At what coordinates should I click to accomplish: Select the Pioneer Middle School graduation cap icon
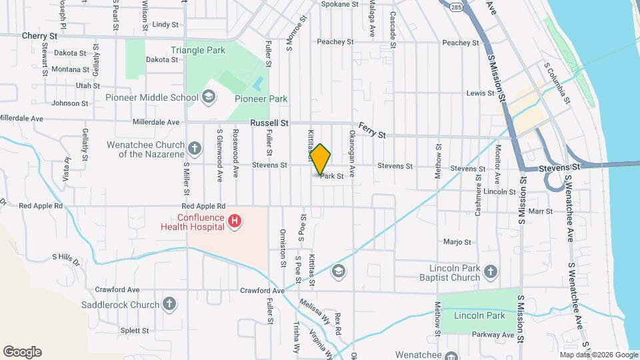(209, 98)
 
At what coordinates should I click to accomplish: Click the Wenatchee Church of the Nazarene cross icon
(194, 148)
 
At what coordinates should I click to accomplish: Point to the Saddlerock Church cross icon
(169, 304)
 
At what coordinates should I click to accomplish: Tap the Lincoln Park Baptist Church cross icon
(491, 271)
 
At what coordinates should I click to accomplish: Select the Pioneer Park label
(261, 99)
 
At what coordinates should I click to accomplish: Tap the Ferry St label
(372, 130)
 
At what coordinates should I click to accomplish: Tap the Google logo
(22, 352)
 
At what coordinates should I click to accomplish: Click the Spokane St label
(340, 4)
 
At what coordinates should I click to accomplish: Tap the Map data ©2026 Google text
(599, 355)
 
